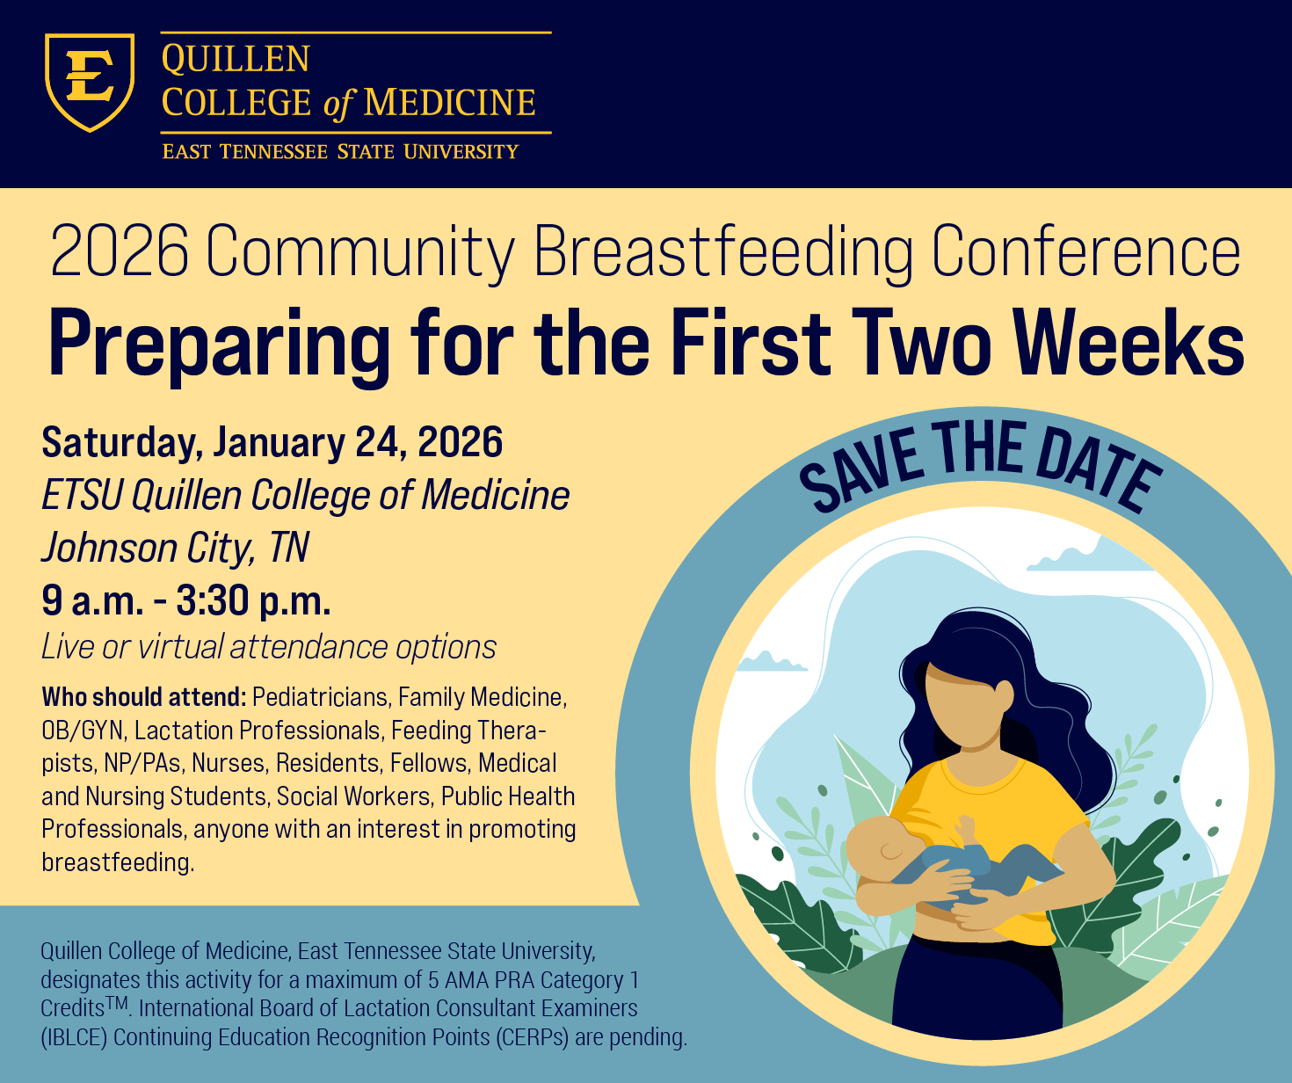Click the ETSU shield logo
[x=90, y=82]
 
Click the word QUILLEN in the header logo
[x=236, y=60]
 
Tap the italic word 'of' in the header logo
[x=338, y=105]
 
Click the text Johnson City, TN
[x=175, y=548]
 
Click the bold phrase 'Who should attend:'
[x=143, y=697]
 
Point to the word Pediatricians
[x=320, y=697]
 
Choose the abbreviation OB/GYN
[x=83, y=730]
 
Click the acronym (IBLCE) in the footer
[x=74, y=1037]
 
